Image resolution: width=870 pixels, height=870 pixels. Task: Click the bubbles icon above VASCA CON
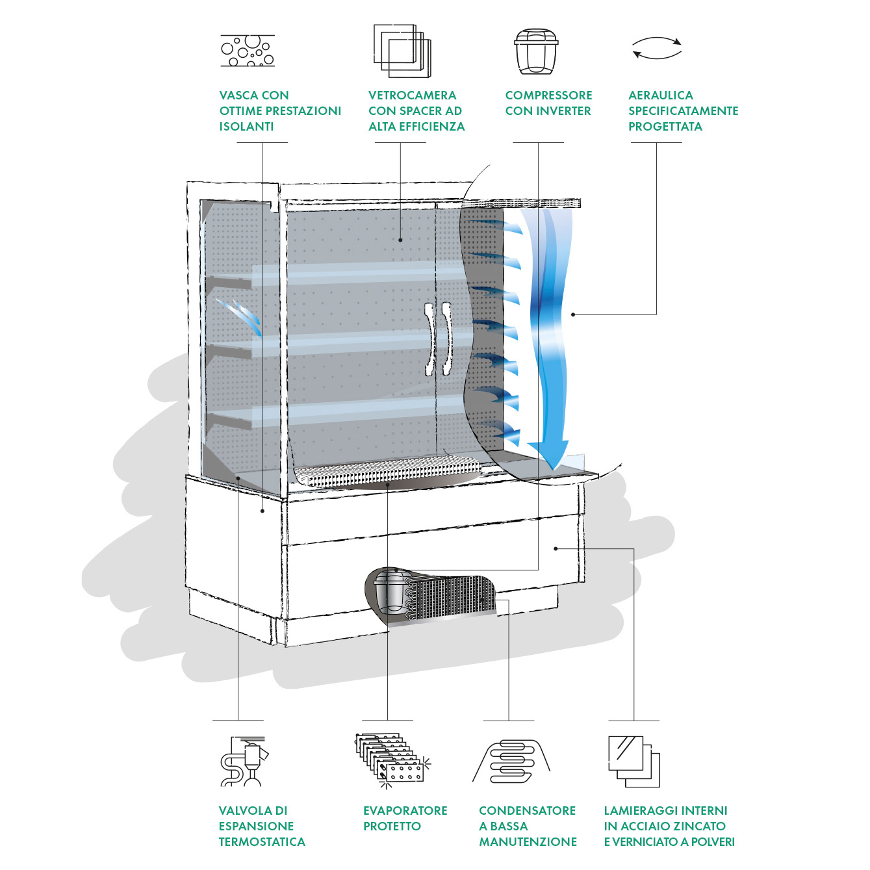(248, 50)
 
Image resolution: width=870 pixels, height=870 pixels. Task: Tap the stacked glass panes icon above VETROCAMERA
(402, 51)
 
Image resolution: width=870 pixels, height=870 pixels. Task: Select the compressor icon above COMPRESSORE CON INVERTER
(536, 51)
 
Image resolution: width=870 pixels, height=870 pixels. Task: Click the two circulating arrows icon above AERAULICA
(657, 48)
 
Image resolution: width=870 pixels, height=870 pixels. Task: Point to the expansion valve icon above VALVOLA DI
(244, 761)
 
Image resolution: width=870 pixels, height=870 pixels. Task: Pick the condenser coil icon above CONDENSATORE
(512, 761)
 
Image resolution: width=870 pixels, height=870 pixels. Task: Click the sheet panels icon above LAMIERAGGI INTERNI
(633, 761)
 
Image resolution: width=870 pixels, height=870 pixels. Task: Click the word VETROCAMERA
(412, 96)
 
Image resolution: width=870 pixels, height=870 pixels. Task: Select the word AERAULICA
(660, 96)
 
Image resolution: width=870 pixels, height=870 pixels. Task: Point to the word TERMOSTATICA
(262, 842)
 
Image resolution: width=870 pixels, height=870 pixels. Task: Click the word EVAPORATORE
(405, 811)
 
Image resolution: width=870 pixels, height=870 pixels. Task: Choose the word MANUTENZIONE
(528, 842)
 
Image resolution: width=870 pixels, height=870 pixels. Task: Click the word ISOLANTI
(246, 127)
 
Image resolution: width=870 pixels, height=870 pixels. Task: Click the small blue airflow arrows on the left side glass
(238, 314)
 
